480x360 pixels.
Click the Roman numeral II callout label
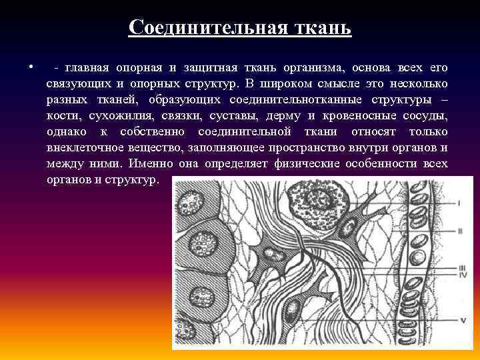[459, 231]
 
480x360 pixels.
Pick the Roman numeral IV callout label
[461, 275]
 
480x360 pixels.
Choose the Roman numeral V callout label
[461, 320]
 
